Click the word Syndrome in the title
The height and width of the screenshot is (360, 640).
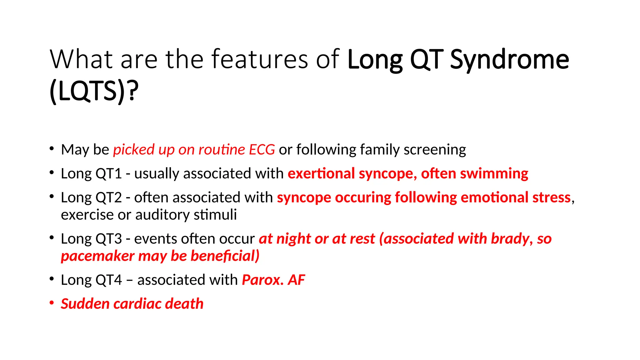509,60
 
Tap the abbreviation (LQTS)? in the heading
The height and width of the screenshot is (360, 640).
94,91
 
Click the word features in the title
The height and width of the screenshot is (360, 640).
260,59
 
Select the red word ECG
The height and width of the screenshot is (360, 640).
262,150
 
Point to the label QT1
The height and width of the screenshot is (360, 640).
108,174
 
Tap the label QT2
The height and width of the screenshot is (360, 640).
108,198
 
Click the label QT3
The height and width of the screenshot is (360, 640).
108,239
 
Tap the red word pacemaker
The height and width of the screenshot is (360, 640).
97,256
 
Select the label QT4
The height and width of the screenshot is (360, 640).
108,280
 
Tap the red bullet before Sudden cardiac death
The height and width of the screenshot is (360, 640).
52,303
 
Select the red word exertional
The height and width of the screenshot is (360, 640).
321,174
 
